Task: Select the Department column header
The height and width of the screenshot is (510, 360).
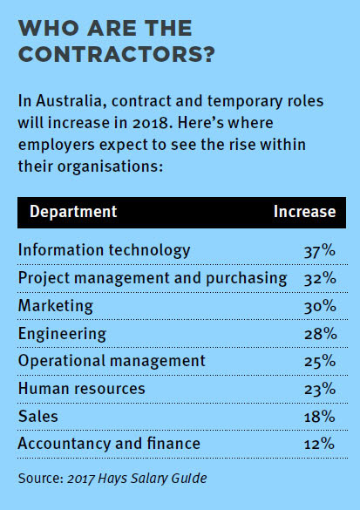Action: (73, 212)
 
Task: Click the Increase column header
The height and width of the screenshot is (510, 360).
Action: (304, 212)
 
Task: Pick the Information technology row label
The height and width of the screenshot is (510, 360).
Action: (104, 250)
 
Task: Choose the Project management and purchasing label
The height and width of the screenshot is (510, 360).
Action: (153, 278)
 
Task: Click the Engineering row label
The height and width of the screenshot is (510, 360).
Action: (62, 334)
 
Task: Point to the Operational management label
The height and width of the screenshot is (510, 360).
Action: (112, 361)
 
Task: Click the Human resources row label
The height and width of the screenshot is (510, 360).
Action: (82, 389)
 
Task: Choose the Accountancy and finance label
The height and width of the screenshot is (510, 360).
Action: (109, 444)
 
